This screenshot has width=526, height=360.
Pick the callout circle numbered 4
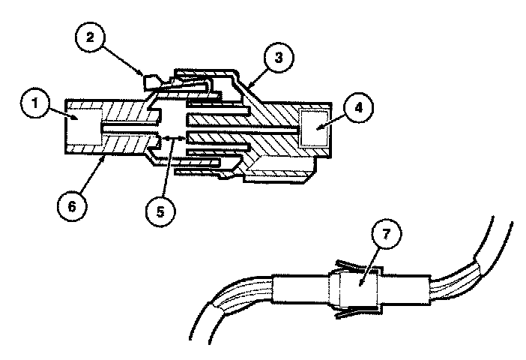[x=359, y=107]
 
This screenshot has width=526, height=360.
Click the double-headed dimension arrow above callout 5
[x=174, y=137]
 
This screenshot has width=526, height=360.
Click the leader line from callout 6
[x=91, y=170]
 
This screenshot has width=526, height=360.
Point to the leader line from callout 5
[x=167, y=169]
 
